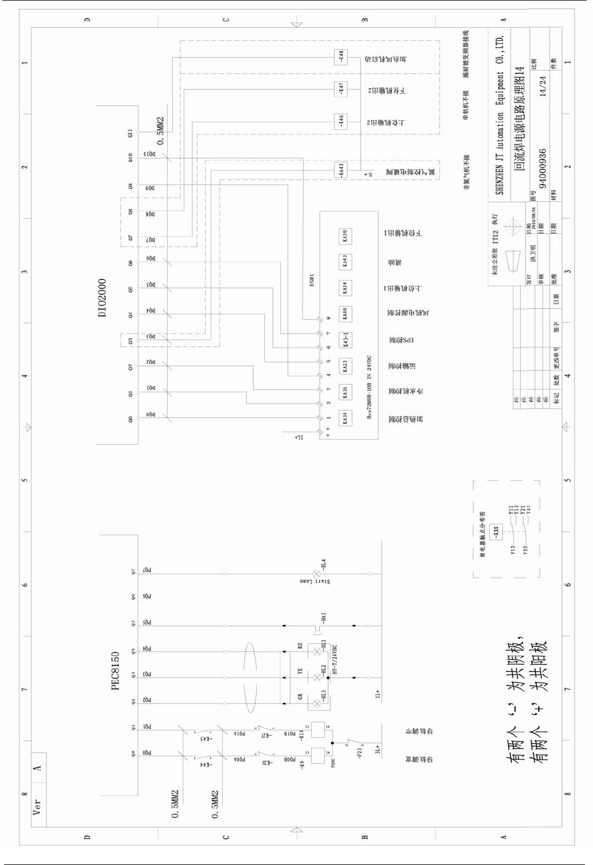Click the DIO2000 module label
point(102,298)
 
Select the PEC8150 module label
point(116,670)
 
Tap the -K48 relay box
point(341,57)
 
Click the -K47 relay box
point(341,89)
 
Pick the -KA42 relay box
point(341,171)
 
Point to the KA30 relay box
point(345,236)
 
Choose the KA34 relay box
point(345,418)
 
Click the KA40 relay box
point(345,314)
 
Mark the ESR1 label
point(312,280)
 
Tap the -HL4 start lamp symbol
point(317,574)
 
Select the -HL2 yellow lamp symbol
point(317,678)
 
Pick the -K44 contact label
point(205,765)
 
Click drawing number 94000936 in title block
point(543,169)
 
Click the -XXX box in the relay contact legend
point(496,532)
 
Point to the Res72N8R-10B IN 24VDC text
point(370,387)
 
